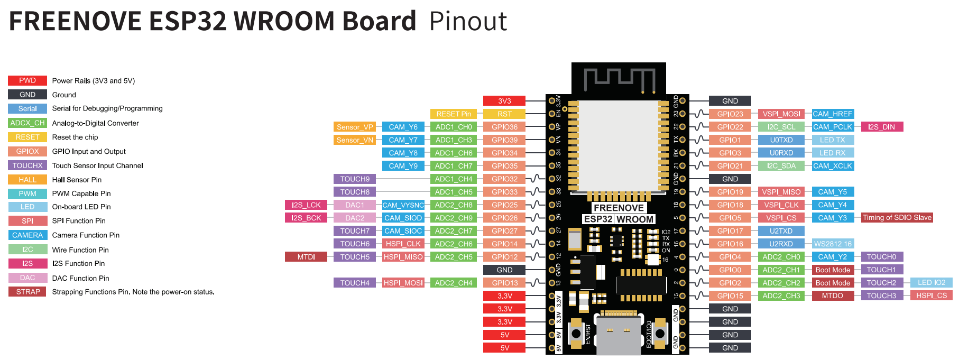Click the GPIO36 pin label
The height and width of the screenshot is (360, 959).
pyautogui.click(x=504, y=127)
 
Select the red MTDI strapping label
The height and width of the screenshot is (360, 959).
pyautogui.click(x=306, y=257)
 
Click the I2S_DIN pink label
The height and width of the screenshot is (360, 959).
pyautogui.click(x=881, y=127)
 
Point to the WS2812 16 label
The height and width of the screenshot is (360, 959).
pyautogui.click(x=833, y=244)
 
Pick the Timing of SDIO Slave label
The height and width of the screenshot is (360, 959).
pyautogui.click(x=897, y=218)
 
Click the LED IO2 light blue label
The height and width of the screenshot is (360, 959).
pyautogui.click(x=931, y=283)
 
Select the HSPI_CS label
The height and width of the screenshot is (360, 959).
pyautogui.click(x=931, y=296)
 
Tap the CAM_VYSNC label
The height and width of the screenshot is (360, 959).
pyautogui.click(x=403, y=205)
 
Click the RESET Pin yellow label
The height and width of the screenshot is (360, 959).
pyautogui.click(x=453, y=114)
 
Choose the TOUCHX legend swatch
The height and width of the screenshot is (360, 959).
pyautogui.click(x=27, y=165)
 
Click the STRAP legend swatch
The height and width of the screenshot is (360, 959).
pyautogui.click(x=27, y=292)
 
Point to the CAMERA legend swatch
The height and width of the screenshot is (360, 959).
pyautogui.click(x=27, y=235)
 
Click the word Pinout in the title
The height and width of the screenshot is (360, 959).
pyautogui.click(x=468, y=22)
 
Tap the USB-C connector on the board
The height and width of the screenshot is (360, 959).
pyautogui.click(x=618, y=333)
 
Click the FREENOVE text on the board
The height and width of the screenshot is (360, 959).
pyautogui.click(x=619, y=208)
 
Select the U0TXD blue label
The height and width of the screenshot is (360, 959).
pyautogui.click(x=781, y=140)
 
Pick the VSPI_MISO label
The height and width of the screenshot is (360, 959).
pyautogui.click(x=781, y=192)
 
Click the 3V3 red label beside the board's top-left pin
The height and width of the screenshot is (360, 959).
pyautogui.click(x=504, y=101)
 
